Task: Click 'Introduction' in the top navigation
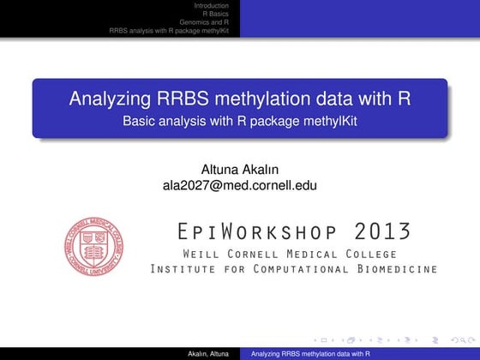pos(212,6)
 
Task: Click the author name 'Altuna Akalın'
pos(239,169)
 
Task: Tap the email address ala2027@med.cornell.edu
pos(239,183)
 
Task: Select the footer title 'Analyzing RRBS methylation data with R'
pos(305,353)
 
